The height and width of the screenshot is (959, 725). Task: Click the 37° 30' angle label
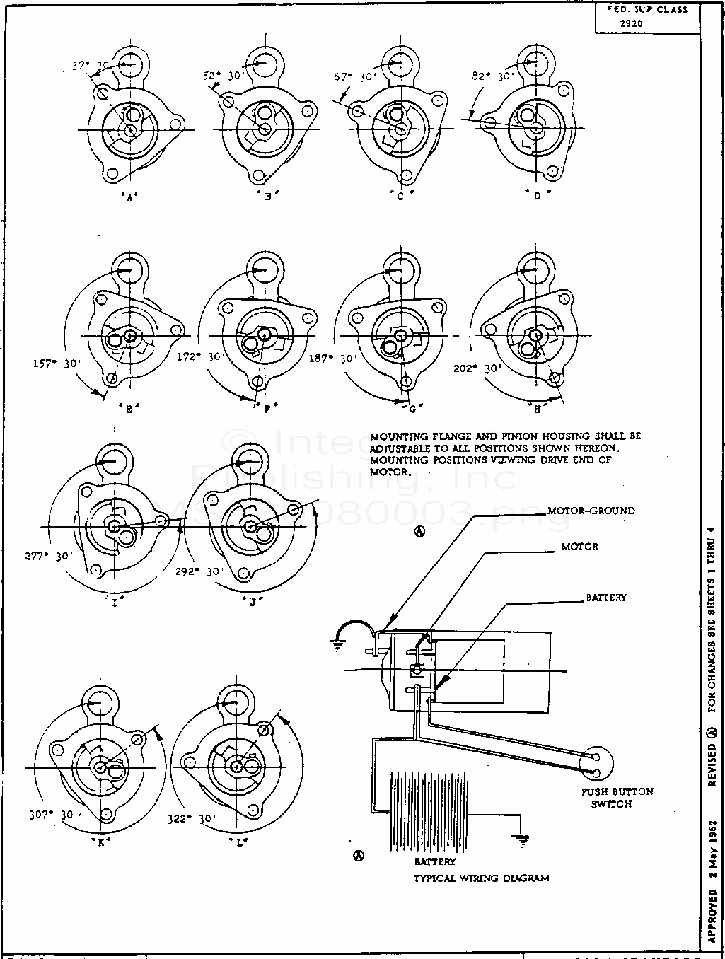click(x=91, y=65)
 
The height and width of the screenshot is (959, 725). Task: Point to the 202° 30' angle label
click(x=479, y=368)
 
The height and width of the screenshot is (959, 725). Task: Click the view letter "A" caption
click(x=129, y=198)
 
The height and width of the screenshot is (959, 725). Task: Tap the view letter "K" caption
click(x=102, y=841)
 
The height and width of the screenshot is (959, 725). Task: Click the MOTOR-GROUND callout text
click(x=591, y=510)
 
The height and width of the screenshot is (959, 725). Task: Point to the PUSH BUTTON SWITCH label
click(x=617, y=797)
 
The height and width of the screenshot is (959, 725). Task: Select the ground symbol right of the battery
click(x=523, y=842)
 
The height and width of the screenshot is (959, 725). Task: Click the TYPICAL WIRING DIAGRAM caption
click(x=482, y=878)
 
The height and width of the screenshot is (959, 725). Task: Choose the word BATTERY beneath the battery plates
click(x=435, y=861)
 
